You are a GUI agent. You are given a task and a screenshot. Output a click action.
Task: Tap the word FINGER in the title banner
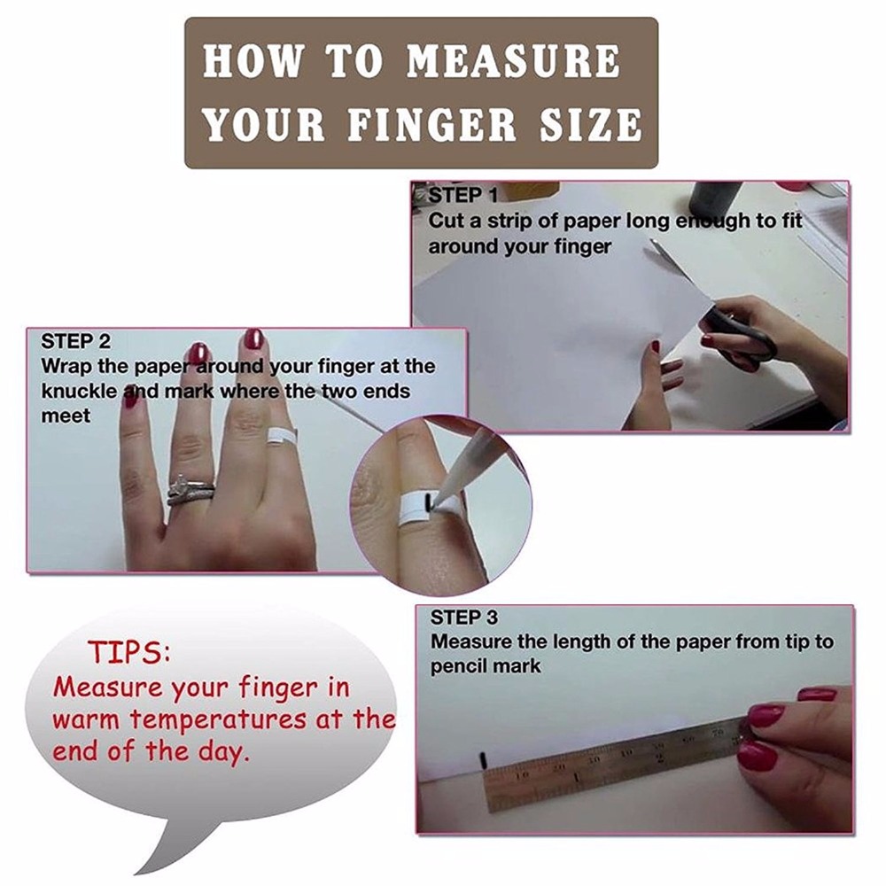tap(431, 124)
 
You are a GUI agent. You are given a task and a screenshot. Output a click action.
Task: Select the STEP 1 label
tap(462, 196)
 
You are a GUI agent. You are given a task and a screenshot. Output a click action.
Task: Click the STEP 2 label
tap(75, 341)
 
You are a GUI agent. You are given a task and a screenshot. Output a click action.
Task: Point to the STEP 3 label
tap(464, 618)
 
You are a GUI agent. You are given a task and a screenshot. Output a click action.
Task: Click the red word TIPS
tap(129, 652)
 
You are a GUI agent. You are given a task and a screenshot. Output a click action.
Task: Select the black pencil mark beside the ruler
tap(482, 759)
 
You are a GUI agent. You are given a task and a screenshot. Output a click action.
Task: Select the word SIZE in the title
tap(590, 124)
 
